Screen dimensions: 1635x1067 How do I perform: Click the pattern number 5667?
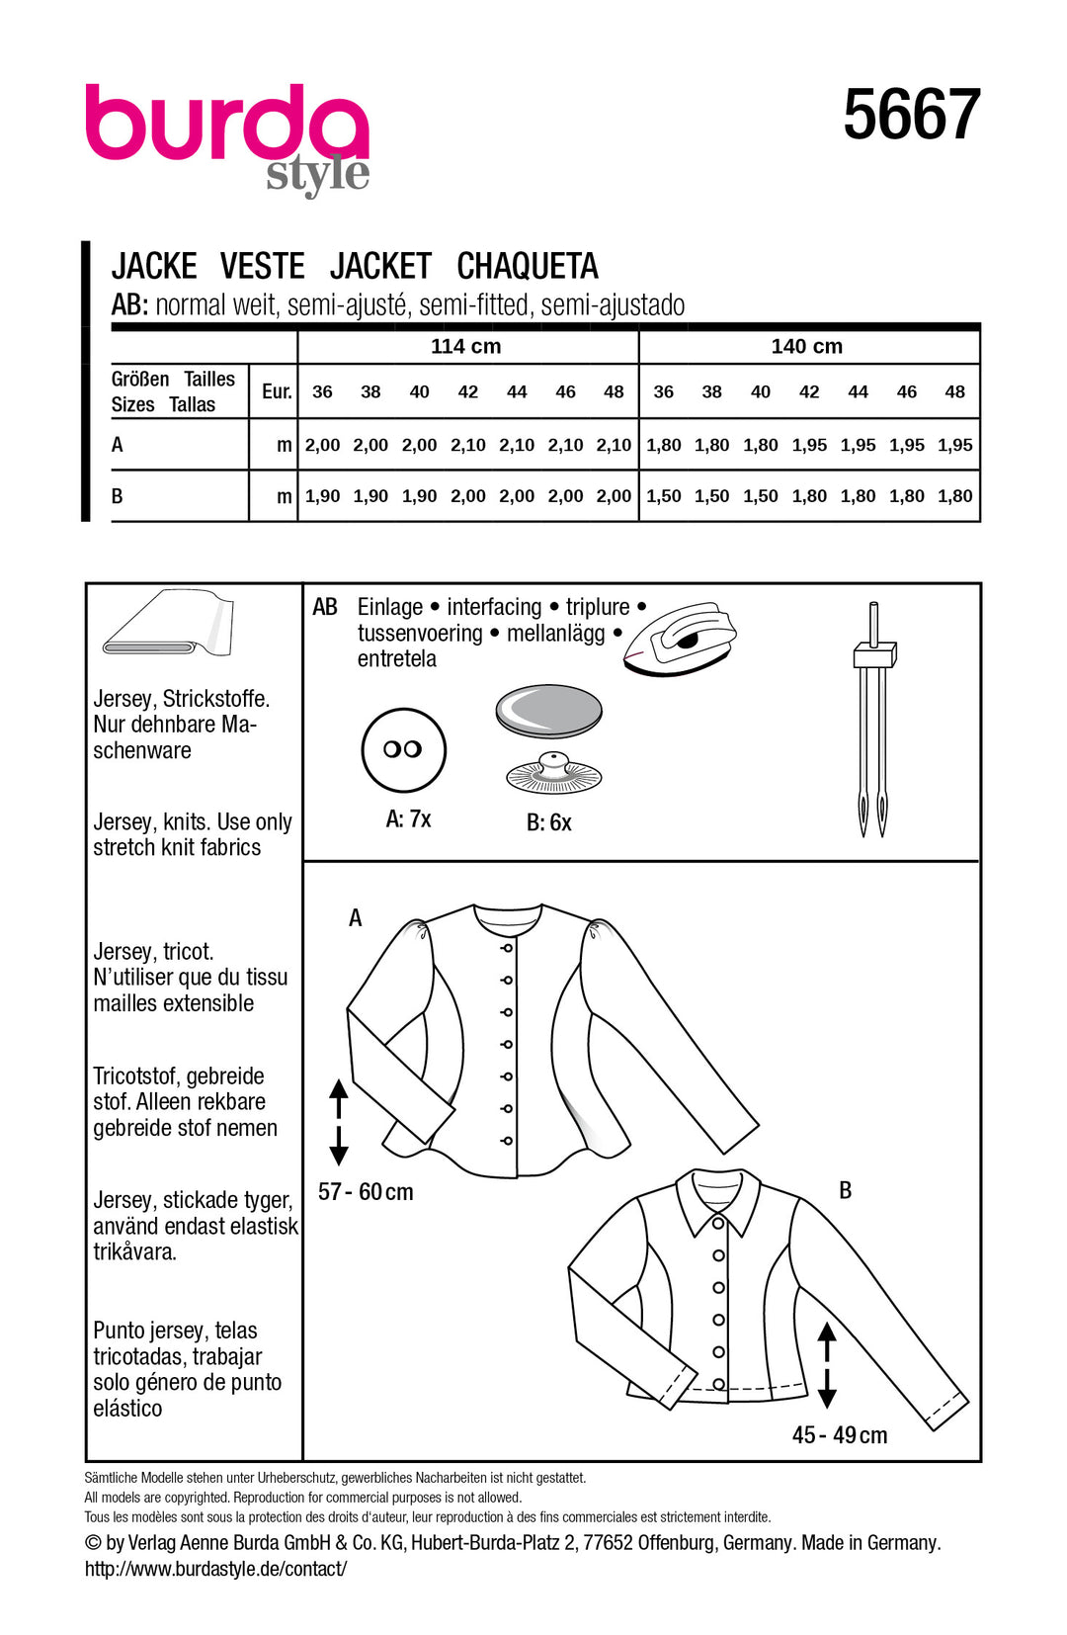[x=911, y=116]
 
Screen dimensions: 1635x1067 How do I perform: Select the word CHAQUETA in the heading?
[x=528, y=267]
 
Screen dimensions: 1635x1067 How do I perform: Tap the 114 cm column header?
[x=465, y=347]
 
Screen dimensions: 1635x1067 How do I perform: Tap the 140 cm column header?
[x=806, y=347]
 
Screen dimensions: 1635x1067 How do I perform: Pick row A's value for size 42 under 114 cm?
[x=467, y=446]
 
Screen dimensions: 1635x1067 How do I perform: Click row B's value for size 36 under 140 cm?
[x=663, y=496]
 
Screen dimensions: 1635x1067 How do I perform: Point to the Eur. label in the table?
[x=277, y=392]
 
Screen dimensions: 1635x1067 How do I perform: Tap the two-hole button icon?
[x=403, y=749]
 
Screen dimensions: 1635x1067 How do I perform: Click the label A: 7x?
[x=408, y=819]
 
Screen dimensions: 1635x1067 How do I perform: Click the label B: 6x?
[x=548, y=822]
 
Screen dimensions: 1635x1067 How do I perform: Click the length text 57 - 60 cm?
[x=366, y=1192]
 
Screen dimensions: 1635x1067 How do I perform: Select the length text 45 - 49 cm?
[x=839, y=1435]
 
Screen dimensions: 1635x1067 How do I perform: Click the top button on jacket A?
[x=507, y=948]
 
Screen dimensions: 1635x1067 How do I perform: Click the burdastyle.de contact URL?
[x=215, y=1569]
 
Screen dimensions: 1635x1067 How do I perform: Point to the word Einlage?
[x=389, y=607]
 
